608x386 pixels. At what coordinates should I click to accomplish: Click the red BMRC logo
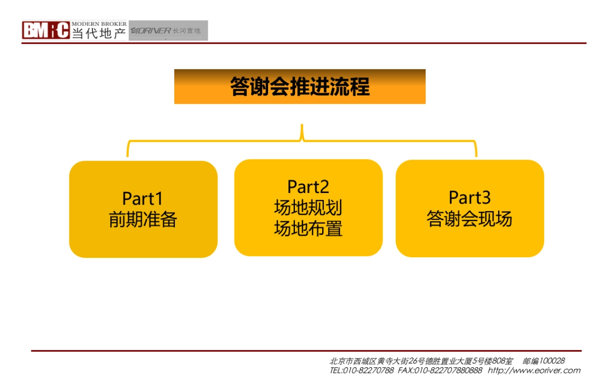click(x=46, y=30)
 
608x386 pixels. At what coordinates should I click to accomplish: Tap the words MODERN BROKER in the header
click(x=99, y=24)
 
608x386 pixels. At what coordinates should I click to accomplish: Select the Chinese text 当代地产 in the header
click(x=99, y=33)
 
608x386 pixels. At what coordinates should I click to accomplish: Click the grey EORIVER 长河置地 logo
click(x=168, y=30)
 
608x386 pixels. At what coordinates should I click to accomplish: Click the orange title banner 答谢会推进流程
click(x=299, y=87)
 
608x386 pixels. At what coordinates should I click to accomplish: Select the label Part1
click(x=142, y=198)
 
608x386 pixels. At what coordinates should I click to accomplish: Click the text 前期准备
click(x=143, y=220)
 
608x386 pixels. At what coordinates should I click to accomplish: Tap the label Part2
click(x=308, y=187)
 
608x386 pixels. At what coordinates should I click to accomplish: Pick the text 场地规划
click(x=308, y=208)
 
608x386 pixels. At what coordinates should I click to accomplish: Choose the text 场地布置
click(x=308, y=228)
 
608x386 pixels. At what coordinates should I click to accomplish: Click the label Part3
click(x=470, y=197)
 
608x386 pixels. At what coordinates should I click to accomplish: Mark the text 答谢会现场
click(x=469, y=219)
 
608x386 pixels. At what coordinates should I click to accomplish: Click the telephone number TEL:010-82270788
click(x=361, y=370)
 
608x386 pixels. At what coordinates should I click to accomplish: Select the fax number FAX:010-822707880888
click(x=440, y=370)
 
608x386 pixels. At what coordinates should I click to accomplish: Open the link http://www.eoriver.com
click(x=534, y=370)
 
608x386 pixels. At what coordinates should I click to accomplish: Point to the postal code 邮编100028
click(x=544, y=361)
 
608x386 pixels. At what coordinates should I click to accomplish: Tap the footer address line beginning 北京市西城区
click(x=421, y=361)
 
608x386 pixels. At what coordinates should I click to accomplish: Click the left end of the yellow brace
click(x=128, y=152)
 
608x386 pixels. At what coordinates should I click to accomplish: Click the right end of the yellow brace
click(x=476, y=152)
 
